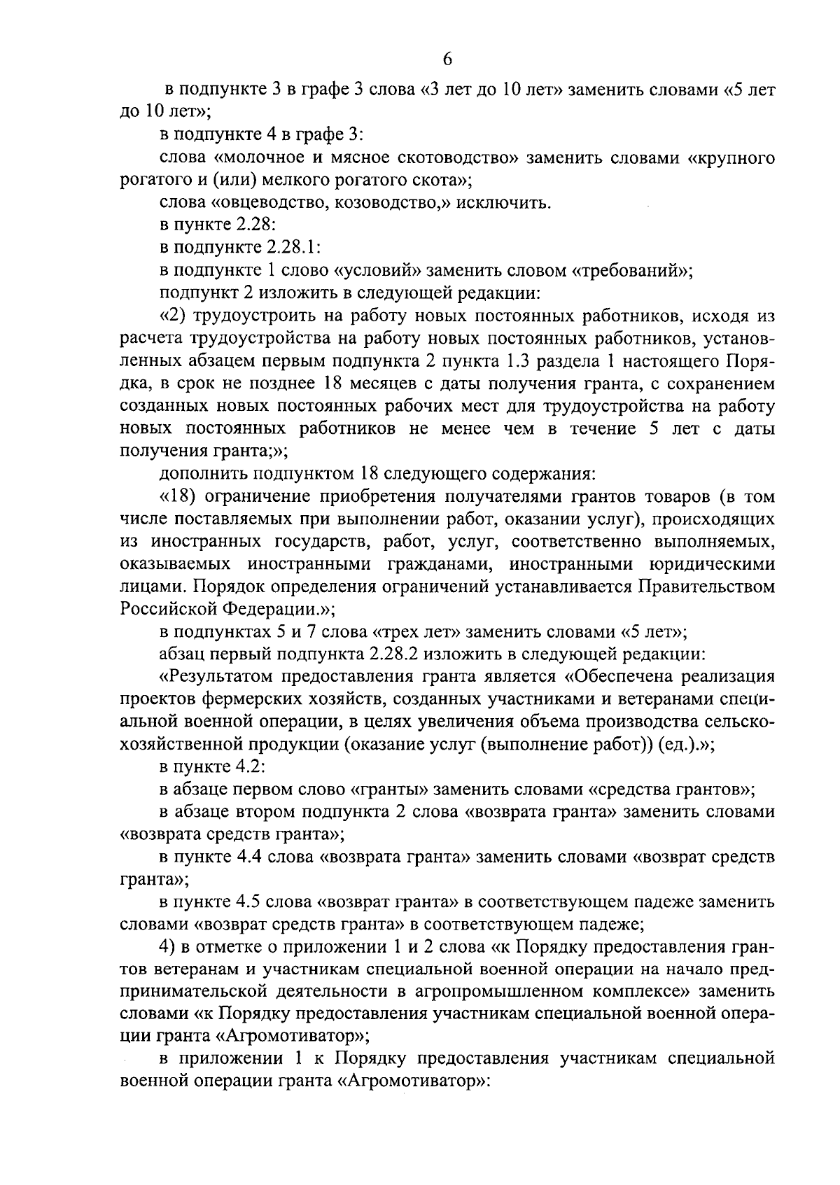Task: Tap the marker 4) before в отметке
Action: [167, 947]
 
